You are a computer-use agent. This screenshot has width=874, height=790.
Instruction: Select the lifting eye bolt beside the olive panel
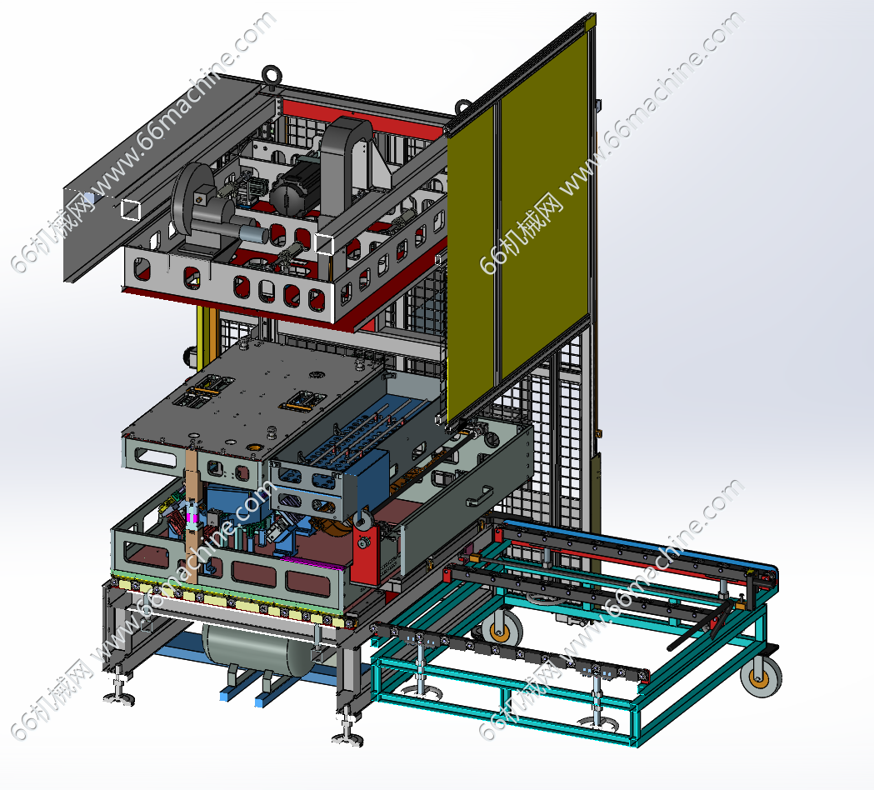pyautogui.click(x=463, y=107)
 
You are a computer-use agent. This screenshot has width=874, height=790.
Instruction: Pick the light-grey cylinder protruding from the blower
pyautogui.click(x=253, y=233)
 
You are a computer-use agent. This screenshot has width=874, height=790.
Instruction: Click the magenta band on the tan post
pyautogui.click(x=192, y=517)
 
